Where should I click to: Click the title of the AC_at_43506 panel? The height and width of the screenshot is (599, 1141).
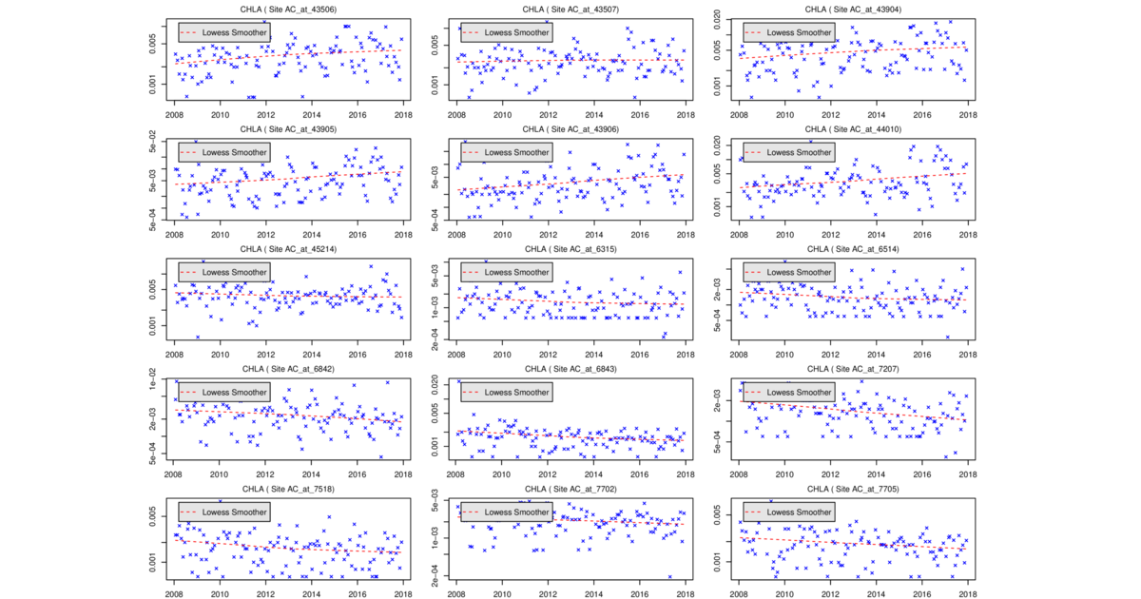click(x=287, y=9)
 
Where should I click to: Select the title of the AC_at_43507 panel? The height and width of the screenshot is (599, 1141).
click(x=570, y=9)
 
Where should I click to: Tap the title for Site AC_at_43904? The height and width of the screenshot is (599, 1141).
click(x=853, y=9)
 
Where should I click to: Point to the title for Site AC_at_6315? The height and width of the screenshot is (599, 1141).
click(x=570, y=249)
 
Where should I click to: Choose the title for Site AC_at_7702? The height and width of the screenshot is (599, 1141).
click(x=570, y=489)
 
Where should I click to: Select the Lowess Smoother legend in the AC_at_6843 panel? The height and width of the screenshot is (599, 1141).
click(x=506, y=392)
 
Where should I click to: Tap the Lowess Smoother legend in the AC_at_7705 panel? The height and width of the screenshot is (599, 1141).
click(x=788, y=512)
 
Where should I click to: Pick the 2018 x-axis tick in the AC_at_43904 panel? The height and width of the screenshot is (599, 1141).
click(x=968, y=115)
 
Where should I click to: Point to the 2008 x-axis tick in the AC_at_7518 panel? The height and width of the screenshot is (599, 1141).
click(x=173, y=594)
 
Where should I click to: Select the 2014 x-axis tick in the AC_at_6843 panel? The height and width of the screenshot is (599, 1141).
click(x=593, y=474)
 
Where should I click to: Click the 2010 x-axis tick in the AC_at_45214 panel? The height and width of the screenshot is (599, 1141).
click(x=220, y=355)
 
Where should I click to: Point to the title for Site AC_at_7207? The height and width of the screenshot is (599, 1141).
click(x=853, y=369)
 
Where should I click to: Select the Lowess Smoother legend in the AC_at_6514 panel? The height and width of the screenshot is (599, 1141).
click(x=788, y=272)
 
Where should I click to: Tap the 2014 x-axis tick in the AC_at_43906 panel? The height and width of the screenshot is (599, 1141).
click(x=593, y=235)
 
